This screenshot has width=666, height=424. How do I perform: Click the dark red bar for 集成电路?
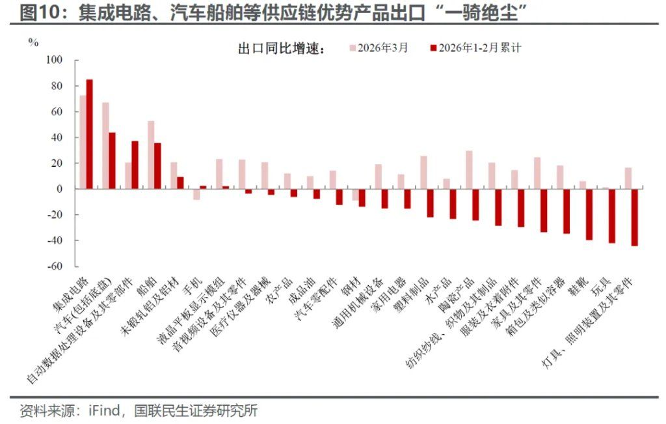90,134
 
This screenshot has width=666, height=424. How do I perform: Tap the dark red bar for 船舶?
157,166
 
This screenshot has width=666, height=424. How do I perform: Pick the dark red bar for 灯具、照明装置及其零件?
634,217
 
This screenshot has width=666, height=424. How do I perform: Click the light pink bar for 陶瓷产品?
469,170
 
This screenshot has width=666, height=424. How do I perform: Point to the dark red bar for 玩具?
611,216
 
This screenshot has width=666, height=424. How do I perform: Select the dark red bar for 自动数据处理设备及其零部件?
135,165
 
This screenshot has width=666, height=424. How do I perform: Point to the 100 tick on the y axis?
53,60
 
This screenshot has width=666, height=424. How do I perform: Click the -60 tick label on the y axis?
55,266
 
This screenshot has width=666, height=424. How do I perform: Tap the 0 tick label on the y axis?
59,189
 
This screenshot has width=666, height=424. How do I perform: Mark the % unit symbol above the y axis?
33,43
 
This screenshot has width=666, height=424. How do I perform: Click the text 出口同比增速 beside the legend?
281,49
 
